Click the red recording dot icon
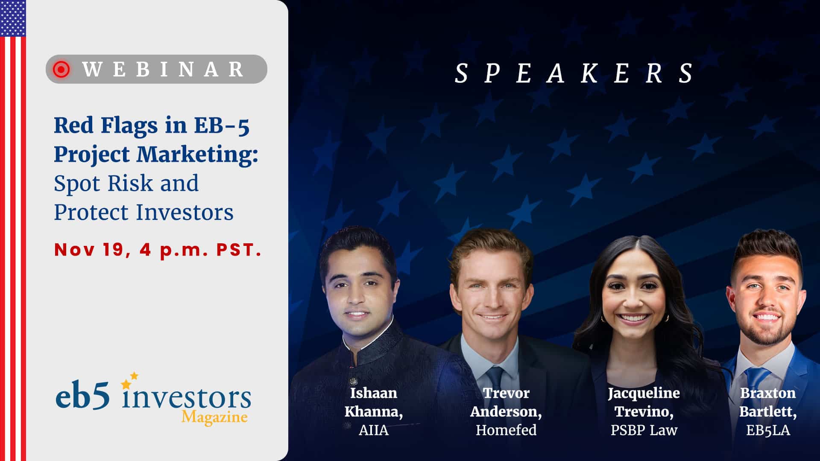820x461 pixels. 61,69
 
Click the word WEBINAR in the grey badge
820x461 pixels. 163,69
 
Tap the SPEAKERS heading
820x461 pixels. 575,73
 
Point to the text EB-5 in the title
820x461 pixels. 222,125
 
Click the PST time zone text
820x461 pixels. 239,250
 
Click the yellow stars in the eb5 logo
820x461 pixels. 130,380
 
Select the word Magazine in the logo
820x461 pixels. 214,417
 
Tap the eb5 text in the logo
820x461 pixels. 82,397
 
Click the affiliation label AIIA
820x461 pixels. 374,430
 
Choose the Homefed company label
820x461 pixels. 506,430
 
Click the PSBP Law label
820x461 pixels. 644,430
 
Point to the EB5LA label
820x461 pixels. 768,430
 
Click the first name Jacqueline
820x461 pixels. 644,393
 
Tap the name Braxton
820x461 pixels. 768,393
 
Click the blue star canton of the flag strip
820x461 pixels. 13,18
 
